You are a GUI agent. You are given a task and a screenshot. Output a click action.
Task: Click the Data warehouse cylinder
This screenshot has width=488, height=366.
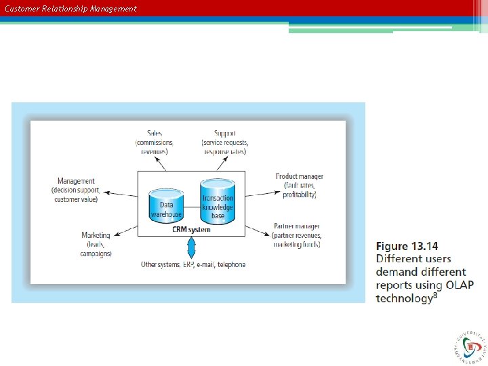click(x=166, y=205)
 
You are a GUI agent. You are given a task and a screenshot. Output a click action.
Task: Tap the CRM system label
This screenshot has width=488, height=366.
click(x=190, y=230)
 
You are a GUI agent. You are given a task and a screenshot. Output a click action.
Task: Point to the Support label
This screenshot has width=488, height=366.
click(x=224, y=133)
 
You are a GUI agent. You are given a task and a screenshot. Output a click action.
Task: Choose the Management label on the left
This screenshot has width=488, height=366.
click(x=76, y=181)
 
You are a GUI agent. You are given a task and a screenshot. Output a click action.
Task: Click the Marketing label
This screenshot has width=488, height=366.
click(x=96, y=235)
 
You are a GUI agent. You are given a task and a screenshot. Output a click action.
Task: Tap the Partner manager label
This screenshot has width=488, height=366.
click(x=297, y=226)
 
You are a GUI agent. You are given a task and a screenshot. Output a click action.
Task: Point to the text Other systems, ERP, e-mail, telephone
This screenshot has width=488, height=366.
click(x=193, y=264)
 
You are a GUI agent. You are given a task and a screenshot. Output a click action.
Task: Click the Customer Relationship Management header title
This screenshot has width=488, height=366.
click(x=70, y=9)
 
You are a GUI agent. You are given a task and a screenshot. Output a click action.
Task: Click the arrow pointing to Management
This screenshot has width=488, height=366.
click(x=119, y=192)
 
